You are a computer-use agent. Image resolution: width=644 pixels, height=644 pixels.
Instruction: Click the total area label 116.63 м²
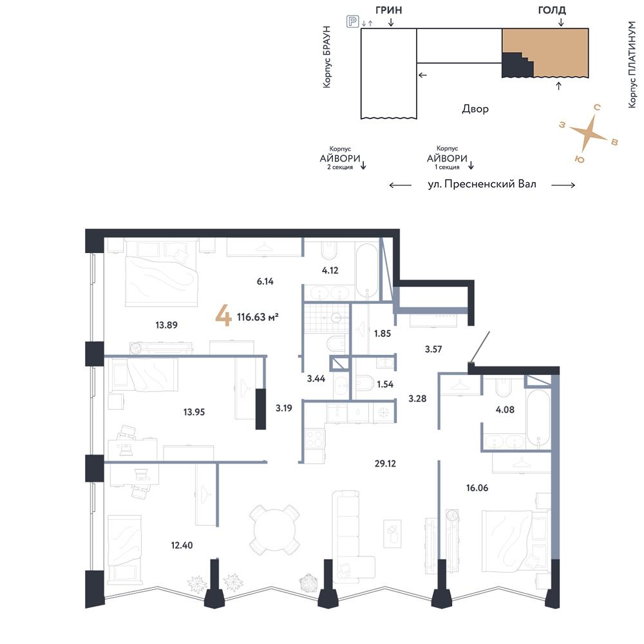258,317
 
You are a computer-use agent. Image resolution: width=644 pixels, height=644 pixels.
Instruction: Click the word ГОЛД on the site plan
552,10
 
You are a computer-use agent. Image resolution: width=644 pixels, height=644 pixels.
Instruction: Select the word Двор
475,109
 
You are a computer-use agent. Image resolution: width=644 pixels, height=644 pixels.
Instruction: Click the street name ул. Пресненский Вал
482,184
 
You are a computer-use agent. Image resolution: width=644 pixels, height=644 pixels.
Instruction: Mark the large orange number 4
223,316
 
